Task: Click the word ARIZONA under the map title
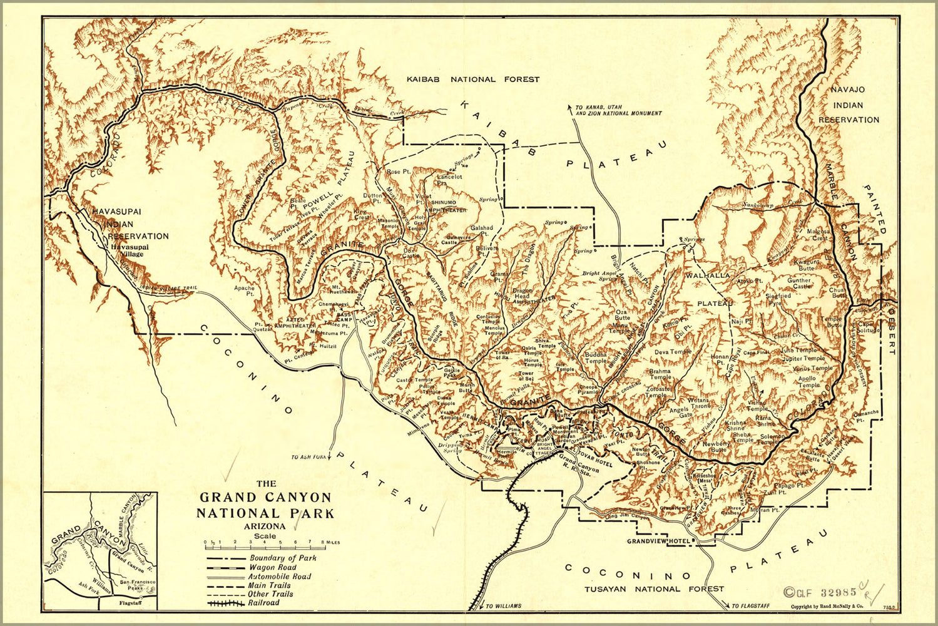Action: click(265, 526)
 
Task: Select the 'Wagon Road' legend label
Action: click(272, 567)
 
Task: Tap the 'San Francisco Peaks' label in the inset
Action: click(137, 585)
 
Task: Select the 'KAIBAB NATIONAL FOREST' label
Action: click(472, 80)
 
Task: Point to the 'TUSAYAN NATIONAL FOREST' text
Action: click(653, 588)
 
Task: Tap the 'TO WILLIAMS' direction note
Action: click(503, 606)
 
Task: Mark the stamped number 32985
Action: click(825, 592)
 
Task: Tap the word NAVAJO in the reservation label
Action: click(847, 90)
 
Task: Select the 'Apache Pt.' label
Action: click(244, 291)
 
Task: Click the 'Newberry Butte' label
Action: click(716, 446)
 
